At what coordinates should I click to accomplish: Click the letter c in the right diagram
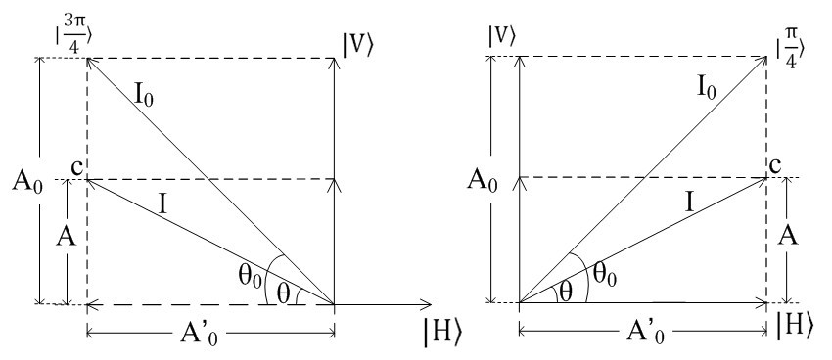[x=776, y=166]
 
